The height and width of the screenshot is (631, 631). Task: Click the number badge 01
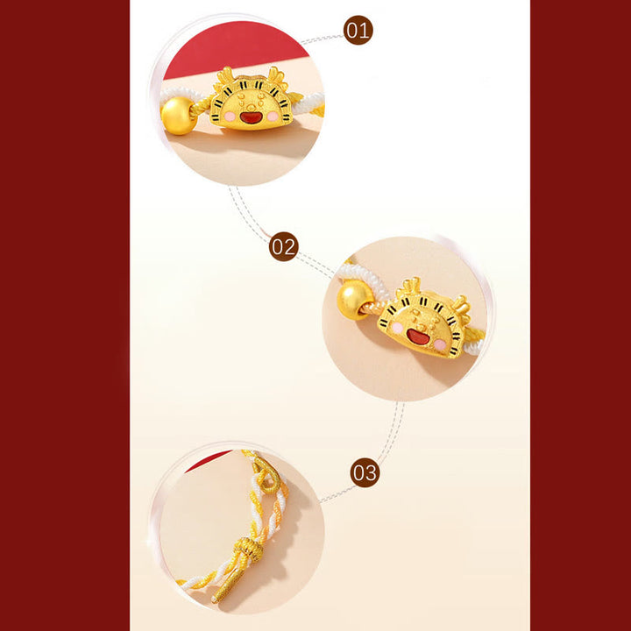pos(358,30)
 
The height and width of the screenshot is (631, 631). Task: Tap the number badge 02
pos(284,246)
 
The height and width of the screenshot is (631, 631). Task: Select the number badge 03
pos(365,472)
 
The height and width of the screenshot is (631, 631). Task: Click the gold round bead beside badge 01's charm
pos(178,116)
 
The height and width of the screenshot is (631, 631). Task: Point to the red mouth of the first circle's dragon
pos(251,117)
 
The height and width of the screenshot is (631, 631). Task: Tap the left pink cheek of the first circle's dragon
pos(230,117)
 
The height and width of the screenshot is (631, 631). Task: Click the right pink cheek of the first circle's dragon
pos(273,117)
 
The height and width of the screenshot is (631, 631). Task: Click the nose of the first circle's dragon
pos(251,107)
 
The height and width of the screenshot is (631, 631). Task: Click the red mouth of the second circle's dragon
pos(418,337)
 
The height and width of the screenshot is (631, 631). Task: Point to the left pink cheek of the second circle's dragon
pos(398,328)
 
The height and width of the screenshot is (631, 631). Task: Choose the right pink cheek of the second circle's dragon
pos(440,344)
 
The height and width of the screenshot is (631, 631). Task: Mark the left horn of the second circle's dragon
pos(408,288)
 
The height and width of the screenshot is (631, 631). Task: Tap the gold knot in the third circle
pos(248,549)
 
